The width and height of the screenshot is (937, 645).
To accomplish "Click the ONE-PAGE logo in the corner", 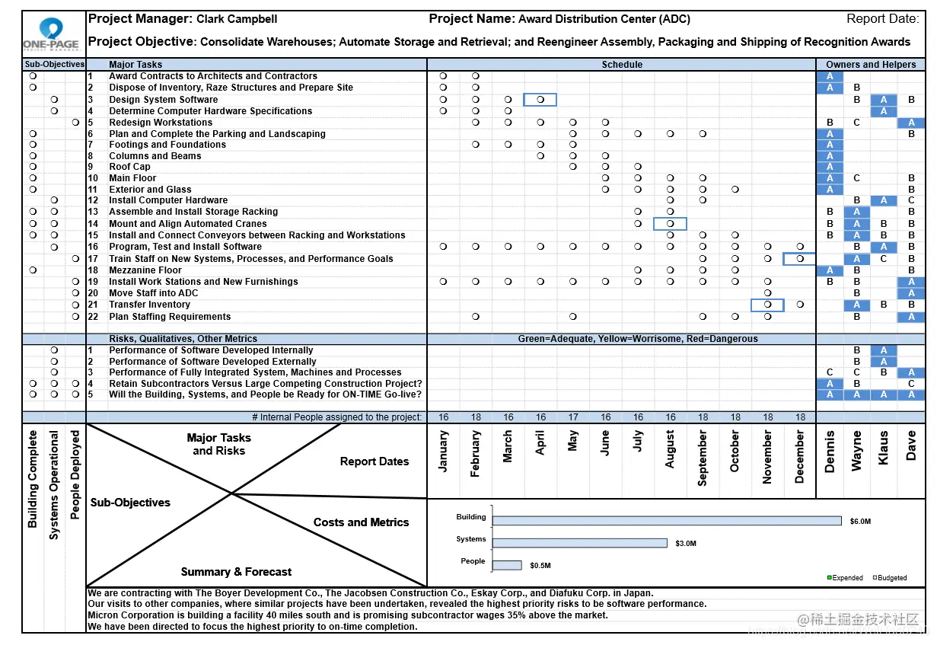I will [51, 35].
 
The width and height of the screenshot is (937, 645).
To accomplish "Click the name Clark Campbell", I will [237, 19].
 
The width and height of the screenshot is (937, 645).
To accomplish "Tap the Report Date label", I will [882, 19].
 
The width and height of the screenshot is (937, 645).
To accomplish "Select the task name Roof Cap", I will [129, 167].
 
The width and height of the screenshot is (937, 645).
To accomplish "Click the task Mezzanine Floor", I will [145, 270].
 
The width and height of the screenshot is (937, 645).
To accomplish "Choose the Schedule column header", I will [622, 65].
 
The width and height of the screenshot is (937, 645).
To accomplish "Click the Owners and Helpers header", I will [871, 65].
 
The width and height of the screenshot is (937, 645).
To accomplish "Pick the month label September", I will [703, 458].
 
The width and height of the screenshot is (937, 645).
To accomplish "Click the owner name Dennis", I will [830, 452].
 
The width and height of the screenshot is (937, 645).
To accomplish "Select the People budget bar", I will [507, 565].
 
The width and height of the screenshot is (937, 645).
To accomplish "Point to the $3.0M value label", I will [685, 544].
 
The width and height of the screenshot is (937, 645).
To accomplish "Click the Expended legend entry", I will [846, 578].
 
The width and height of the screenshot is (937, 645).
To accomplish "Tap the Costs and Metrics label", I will [361, 522].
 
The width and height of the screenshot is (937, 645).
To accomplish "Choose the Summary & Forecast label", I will [236, 572].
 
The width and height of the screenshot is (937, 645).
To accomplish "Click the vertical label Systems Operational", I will [54, 485].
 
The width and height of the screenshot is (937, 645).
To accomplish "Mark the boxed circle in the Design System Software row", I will [540, 100].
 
